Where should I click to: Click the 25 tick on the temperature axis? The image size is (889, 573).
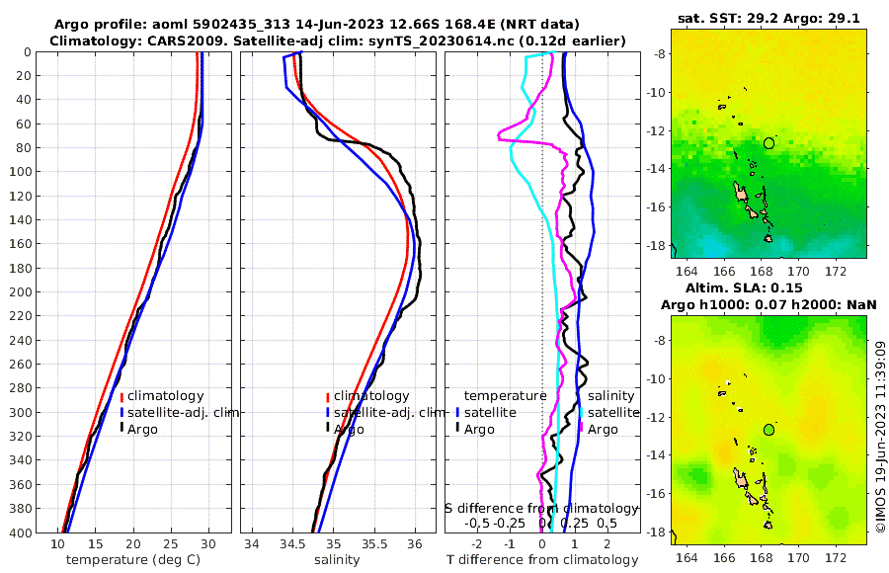pos(170,543)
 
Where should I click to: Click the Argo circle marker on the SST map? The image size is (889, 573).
pos(769,143)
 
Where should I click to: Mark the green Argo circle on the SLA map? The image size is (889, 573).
pos(769,430)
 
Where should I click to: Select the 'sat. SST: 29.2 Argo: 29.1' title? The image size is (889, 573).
pos(768,18)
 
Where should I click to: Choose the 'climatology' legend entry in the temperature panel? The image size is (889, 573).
pos(165,396)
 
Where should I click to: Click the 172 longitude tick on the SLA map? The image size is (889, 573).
pos(835,545)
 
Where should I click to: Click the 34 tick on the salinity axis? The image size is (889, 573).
pos(252,543)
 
